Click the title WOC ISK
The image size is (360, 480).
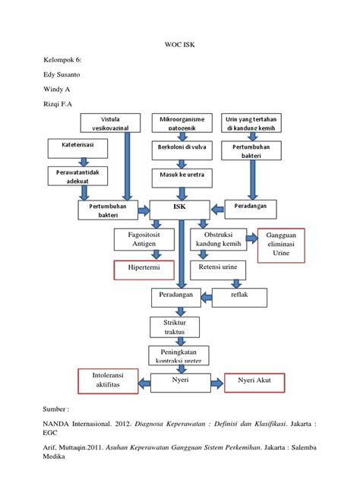click(x=180, y=45)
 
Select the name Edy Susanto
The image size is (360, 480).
click(x=61, y=75)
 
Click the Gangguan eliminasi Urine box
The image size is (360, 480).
click(x=282, y=245)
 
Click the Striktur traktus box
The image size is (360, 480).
click(x=179, y=328)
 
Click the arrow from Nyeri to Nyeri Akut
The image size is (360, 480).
click(x=213, y=382)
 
